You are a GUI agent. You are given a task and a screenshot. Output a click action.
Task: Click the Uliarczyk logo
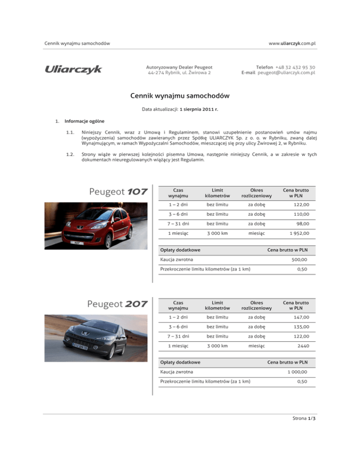coord(73,69)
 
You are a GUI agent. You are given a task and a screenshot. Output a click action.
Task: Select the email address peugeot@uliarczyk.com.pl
coord(286,73)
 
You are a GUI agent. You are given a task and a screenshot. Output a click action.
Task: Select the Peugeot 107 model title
coord(118,192)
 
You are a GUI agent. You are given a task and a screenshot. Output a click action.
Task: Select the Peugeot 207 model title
coord(118,304)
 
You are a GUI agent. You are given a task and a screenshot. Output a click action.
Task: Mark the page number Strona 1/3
coord(301,445)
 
